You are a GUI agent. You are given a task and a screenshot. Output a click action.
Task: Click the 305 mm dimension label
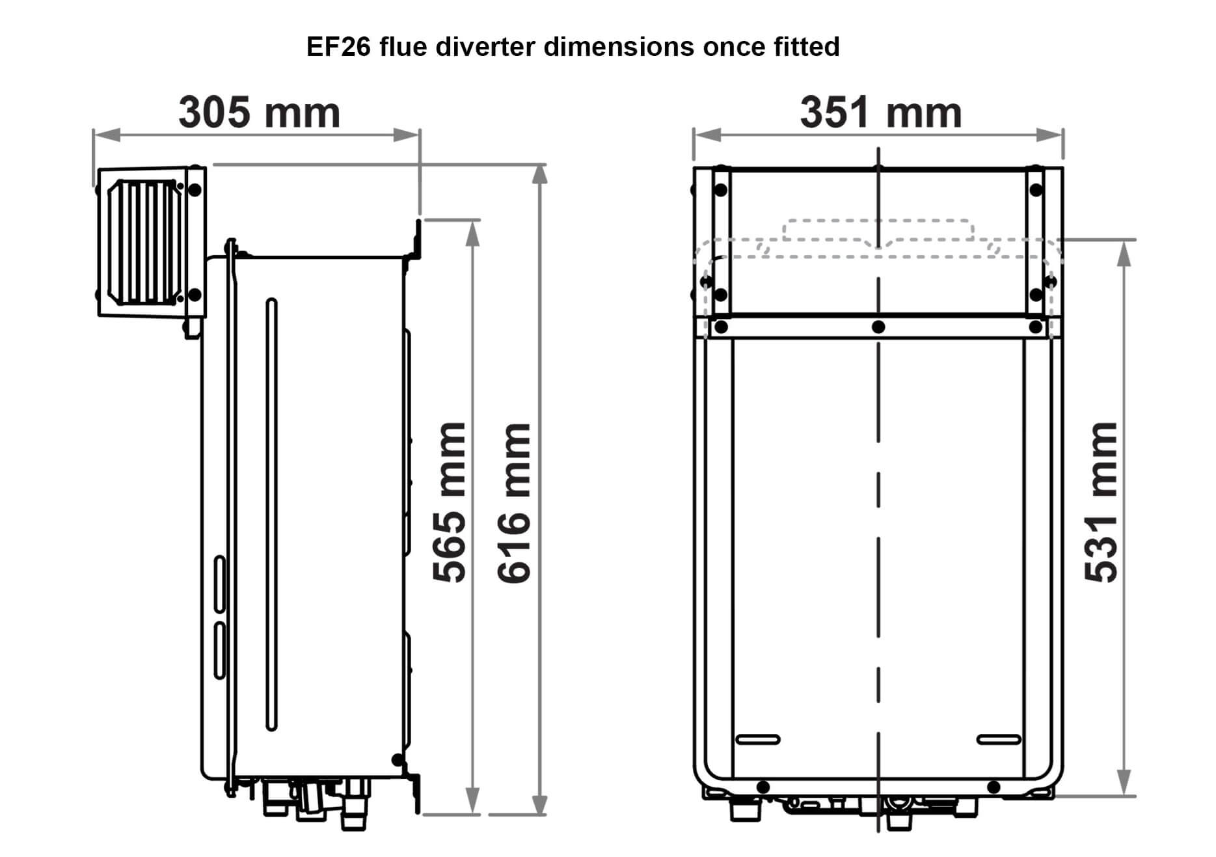tap(259, 112)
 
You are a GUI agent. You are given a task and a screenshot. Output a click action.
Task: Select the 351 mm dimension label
tap(880, 112)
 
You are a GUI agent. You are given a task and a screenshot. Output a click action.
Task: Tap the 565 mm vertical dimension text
tap(450, 502)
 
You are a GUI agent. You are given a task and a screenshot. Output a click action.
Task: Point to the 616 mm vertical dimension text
tap(514, 502)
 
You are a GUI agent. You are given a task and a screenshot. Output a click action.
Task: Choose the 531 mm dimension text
tap(1101, 502)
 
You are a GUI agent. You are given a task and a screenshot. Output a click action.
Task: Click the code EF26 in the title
tap(339, 47)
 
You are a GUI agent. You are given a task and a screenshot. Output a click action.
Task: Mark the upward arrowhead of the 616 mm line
tap(539, 174)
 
